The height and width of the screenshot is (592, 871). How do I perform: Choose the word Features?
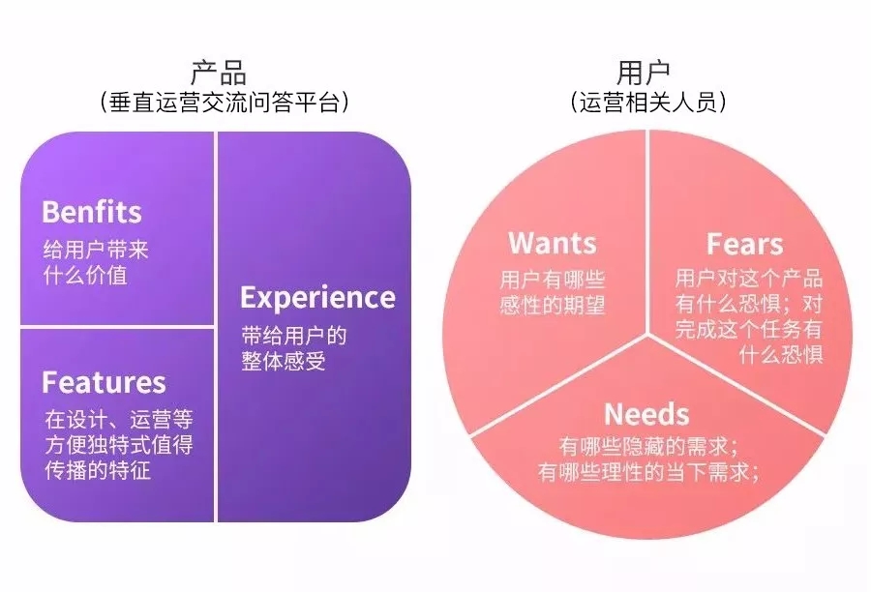point(104,383)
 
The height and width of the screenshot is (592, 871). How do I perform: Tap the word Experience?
point(317,297)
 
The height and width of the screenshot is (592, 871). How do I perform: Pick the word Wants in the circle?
point(553,243)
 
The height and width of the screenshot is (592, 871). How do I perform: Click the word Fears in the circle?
point(744,243)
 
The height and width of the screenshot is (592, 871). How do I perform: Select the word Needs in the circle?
point(646,414)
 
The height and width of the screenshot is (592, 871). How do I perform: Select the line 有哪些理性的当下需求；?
point(647,472)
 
